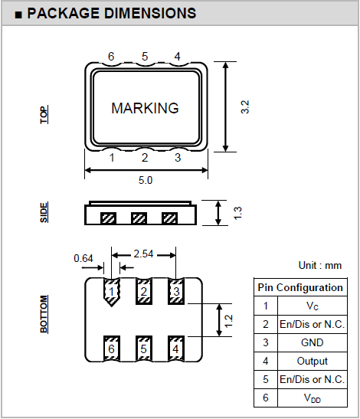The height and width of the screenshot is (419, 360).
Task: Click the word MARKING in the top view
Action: pyautogui.click(x=145, y=108)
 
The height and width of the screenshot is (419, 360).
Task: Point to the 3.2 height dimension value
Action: pyautogui.click(x=245, y=107)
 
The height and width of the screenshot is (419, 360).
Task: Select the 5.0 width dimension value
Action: pyautogui.click(x=146, y=180)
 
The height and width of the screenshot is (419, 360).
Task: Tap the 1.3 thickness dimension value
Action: pyautogui.click(x=237, y=213)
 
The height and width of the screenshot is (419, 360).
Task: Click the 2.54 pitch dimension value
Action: pyautogui.click(x=143, y=254)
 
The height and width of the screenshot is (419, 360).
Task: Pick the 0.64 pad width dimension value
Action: pyautogui.click(x=83, y=258)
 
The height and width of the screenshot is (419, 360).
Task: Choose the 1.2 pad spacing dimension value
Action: pyautogui.click(x=228, y=321)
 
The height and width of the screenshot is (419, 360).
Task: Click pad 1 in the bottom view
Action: pyautogui.click(x=112, y=292)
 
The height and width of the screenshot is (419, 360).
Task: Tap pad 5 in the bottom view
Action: pyautogui.click(x=144, y=349)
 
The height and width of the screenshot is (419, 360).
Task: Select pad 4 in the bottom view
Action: pyautogui.click(x=176, y=349)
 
